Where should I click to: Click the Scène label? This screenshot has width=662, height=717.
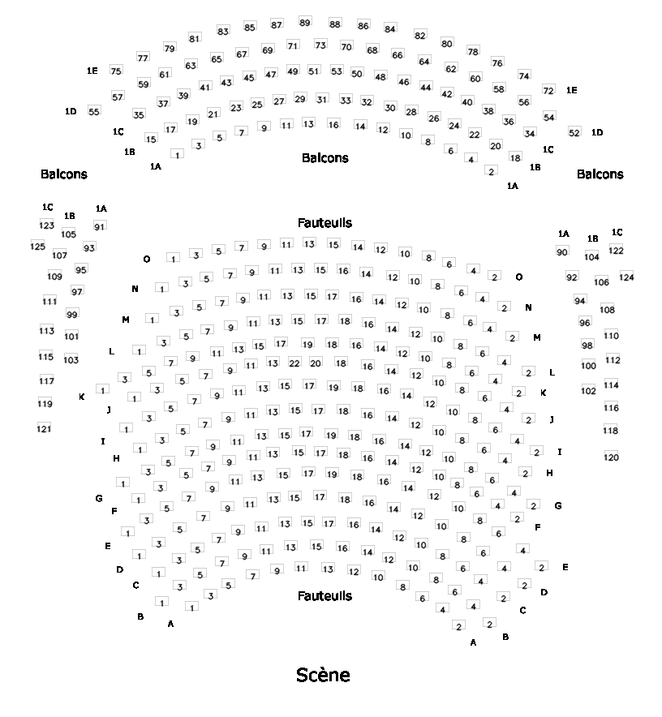pyautogui.click(x=323, y=675)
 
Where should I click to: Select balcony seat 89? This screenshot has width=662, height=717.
pyautogui.click(x=304, y=22)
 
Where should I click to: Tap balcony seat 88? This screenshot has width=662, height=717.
pyautogui.click(x=335, y=24)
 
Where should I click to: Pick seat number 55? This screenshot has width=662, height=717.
pyautogui.click(x=94, y=111)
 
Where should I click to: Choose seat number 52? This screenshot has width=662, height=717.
pyautogui.click(x=574, y=132)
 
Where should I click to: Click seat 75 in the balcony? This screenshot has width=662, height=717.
pyautogui.click(x=116, y=71)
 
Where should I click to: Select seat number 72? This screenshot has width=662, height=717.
pyautogui.click(x=548, y=90)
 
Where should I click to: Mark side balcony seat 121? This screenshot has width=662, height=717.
pyautogui.click(x=44, y=428)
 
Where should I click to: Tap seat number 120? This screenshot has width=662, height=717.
pyautogui.click(x=611, y=457)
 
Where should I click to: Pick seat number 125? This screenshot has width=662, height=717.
pyautogui.click(x=37, y=246)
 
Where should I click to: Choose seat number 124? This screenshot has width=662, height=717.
pyautogui.click(x=626, y=277)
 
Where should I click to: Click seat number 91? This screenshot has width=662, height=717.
pyautogui.click(x=100, y=226)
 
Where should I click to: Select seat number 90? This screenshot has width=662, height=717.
pyautogui.click(x=562, y=252)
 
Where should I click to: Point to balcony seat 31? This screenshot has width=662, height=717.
pyautogui.click(x=322, y=99)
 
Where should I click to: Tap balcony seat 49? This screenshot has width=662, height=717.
pyautogui.click(x=293, y=71)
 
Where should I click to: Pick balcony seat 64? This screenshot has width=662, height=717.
pyautogui.click(x=424, y=61)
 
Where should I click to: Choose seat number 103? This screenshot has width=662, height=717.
pyautogui.click(x=71, y=359)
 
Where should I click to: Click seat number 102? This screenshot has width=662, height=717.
pyautogui.click(x=588, y=390)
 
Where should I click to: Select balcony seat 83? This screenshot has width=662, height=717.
pyautogui.click(x=223, y=31)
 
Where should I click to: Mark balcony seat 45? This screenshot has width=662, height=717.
pyautogui.click(x=249, y=77)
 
